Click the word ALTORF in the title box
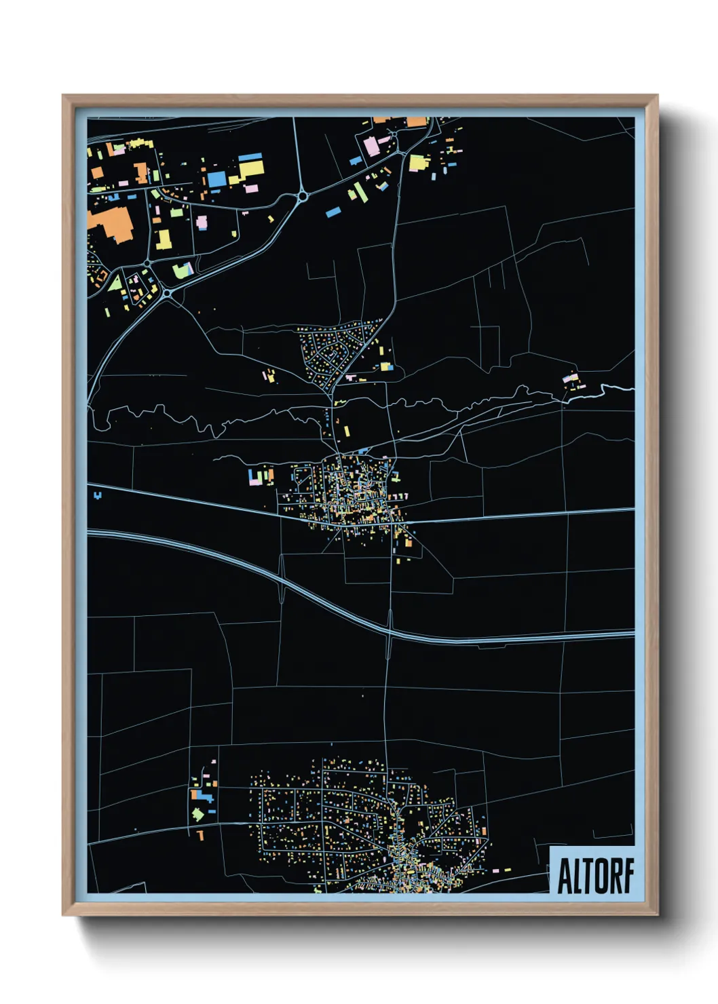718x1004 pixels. pyautogui.click(x=595, y=876)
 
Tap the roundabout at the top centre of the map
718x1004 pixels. pyautogui.click(x=302, y=196)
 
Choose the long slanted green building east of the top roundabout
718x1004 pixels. pyautogui.click(x=360, y=191)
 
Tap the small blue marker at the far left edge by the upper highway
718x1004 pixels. pyautogui.click(x=99, y=496)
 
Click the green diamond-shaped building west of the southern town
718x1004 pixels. pyautogui.click(x=197, y=813)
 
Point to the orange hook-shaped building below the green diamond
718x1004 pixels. pyautogui.click(x=200, y=834)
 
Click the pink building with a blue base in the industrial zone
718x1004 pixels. pyautogui.click(x=202, y=223)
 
